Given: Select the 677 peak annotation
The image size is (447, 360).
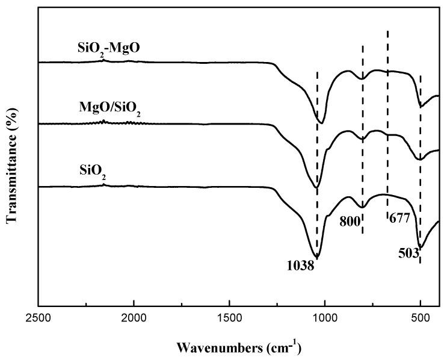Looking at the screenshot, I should (399, 218).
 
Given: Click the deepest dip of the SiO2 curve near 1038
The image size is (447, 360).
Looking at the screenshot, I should (317, 258).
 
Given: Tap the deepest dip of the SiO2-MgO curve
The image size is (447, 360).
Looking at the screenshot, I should (321, 123).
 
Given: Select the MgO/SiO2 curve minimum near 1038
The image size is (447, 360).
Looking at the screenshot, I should (317, 187).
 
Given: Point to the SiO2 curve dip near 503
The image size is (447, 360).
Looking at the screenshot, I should (421, 247).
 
